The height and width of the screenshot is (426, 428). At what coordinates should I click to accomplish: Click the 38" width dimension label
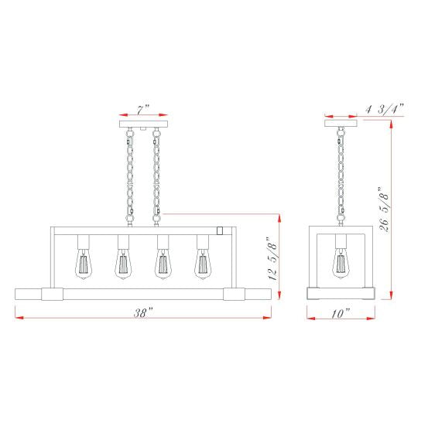pos(144,312)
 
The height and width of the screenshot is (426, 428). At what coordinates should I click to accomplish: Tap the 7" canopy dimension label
pos(143,110)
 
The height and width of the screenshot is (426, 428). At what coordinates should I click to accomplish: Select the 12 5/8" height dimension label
pos(273,258)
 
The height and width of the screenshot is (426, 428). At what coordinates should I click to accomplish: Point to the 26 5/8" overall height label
pos(384,210)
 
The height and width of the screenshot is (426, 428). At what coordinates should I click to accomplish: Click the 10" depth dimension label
pos(341,313)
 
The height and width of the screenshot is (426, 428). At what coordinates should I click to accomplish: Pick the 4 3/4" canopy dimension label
pos(385,109)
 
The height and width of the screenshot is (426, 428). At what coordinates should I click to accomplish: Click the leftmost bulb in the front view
pos(84,264)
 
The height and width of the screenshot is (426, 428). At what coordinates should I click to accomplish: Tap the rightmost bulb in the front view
pos(203,264)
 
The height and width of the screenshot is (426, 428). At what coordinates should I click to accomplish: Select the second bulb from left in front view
pos(123,264)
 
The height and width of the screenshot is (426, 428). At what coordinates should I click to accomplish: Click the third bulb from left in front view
pos(163,264)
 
